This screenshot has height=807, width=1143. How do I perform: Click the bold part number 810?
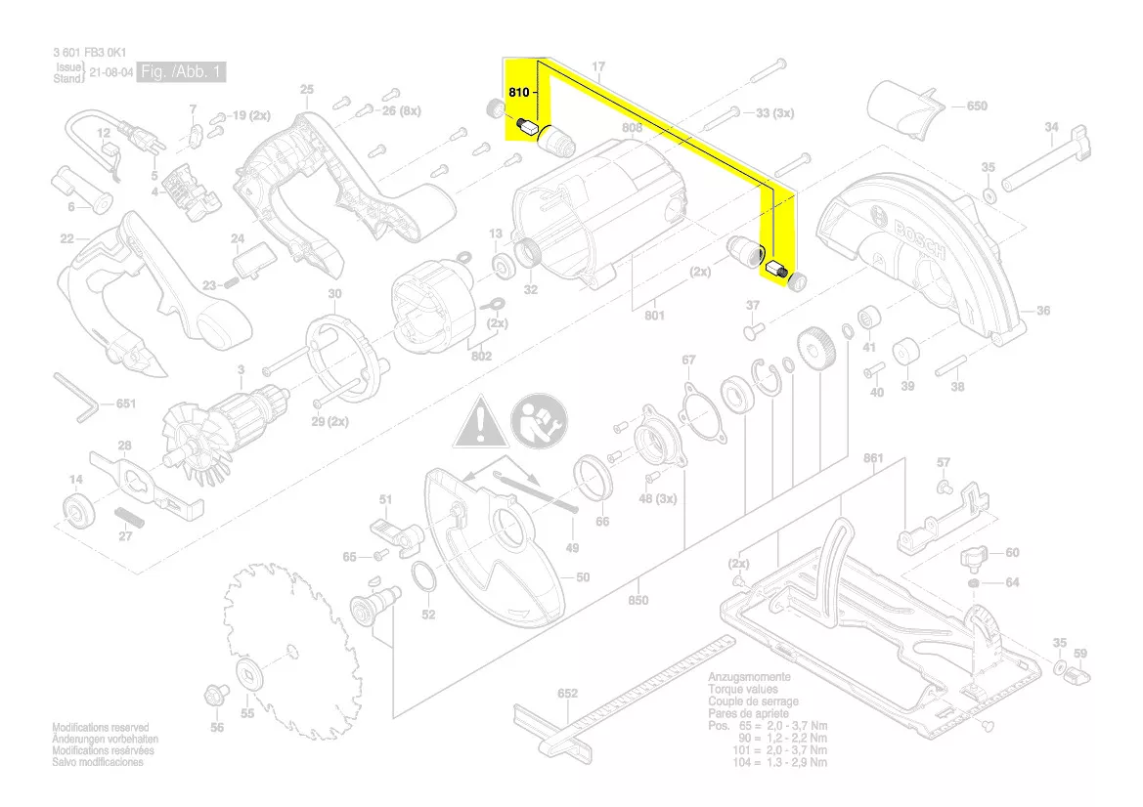pos(518,92)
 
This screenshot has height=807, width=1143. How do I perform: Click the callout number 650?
pos(977,106)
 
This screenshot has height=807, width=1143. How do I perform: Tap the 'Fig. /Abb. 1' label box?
pos(183,73)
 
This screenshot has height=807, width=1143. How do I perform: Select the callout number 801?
pos(654,315)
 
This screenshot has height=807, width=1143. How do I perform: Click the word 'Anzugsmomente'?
pos(750,677)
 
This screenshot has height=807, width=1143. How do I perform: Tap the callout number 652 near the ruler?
pos(568,694)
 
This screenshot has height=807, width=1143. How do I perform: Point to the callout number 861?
pos(872,458)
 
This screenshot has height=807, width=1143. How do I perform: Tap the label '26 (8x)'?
pos(401,110)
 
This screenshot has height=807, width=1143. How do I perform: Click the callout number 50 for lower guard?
pos(583,577)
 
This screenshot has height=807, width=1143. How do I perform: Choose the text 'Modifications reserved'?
pos(100,728)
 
